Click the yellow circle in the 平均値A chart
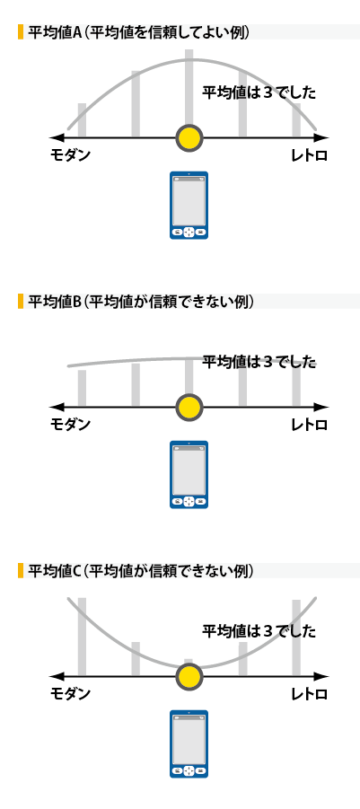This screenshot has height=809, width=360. click(x=189, y=138)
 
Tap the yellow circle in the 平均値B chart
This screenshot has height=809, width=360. click(x=189, y=408)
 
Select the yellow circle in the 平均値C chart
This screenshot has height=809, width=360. click(x=189, y=677)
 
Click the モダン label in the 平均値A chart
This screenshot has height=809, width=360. click(x=70, y=154)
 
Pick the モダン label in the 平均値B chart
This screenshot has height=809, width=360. click(x=70, y=424)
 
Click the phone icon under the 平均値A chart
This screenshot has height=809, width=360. click(x=189, y=206)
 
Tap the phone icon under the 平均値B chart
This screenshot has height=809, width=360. click(x=189, y=475)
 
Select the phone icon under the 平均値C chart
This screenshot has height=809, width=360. click(x=189, y=744)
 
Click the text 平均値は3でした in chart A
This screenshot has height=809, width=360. click(x=259, y=92)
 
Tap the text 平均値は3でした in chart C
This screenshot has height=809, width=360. click(x=259, y=631)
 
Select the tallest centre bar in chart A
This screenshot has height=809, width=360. click(x=189, y=88)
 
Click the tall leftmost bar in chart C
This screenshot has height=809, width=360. click(x=82, y=637)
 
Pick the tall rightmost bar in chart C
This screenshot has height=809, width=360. click(x=296, y=638)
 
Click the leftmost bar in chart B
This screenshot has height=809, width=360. click(x=82, y=388)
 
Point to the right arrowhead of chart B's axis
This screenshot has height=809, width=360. click(x=321, y=408)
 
